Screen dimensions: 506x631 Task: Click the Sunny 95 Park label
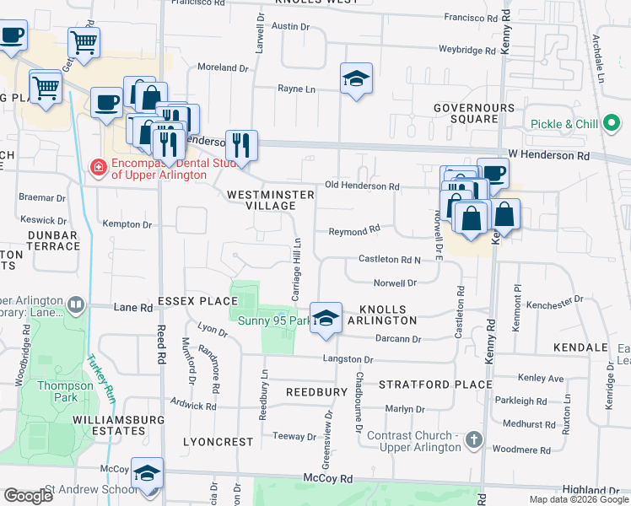click(x=270, y=320)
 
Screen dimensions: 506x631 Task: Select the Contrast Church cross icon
click(x=475, y=439)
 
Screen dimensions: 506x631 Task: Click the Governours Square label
click(x=473, y=113)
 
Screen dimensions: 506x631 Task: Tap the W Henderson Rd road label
click(x=549, y=156)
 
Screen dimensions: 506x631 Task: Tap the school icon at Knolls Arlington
click(x=326, y=318)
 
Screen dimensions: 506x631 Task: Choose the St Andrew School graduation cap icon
click(x=147, y=473)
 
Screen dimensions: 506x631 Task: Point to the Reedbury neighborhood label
click(x=316, y=392)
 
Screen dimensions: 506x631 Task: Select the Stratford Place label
click(x=434, y=385)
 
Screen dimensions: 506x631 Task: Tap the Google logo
click(x=28, y=496)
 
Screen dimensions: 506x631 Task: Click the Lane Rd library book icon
click(x=77, y=304)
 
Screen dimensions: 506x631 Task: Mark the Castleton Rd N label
click(x=389, y=259)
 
